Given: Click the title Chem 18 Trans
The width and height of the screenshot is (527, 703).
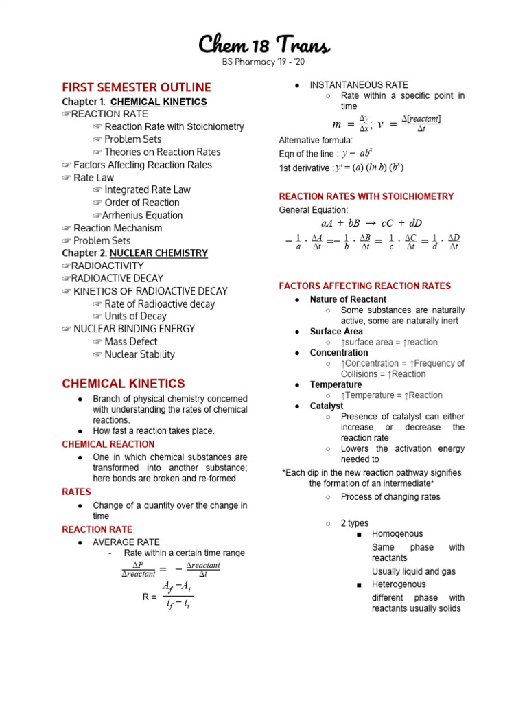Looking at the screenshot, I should (263, 45).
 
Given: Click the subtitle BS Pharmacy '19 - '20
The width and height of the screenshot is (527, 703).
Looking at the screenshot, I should (263, 62).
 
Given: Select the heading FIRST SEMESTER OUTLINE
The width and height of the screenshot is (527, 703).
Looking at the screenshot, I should (137, 88).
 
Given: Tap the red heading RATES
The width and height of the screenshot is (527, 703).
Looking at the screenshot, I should (76, 492).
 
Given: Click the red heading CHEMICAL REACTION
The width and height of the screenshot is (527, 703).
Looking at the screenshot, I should (108, 444).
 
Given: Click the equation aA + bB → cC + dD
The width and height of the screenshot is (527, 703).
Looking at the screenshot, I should (371, 223).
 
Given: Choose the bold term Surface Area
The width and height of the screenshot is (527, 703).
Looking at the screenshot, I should (336, 332).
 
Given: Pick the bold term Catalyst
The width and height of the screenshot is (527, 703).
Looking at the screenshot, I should (327, 406).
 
